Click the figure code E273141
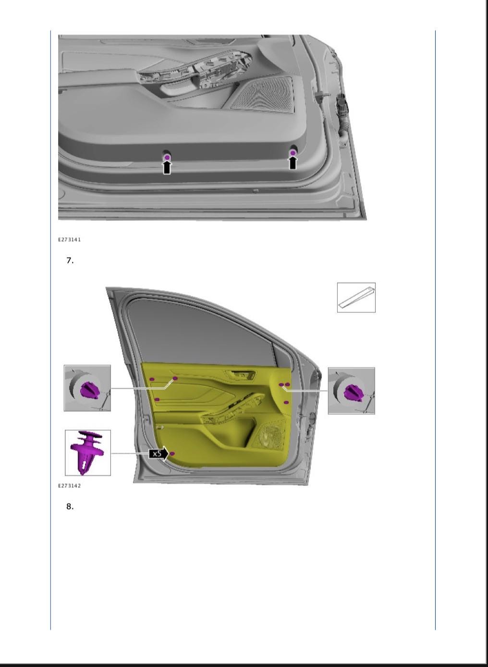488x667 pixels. [x=69, y=240]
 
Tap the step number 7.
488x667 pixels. [x=70, y=260]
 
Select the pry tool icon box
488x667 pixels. [x=356, y=297]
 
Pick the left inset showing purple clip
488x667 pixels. [x=87, y=388]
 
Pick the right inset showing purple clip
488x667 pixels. [x=352, y=391]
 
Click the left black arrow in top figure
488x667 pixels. [x=167, y=167]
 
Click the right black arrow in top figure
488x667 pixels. [x=293, y=162]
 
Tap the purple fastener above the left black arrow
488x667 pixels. [x=167, y=157]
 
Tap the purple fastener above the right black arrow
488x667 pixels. [x=293, y=153]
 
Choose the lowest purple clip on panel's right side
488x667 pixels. [x=286, y=403]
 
